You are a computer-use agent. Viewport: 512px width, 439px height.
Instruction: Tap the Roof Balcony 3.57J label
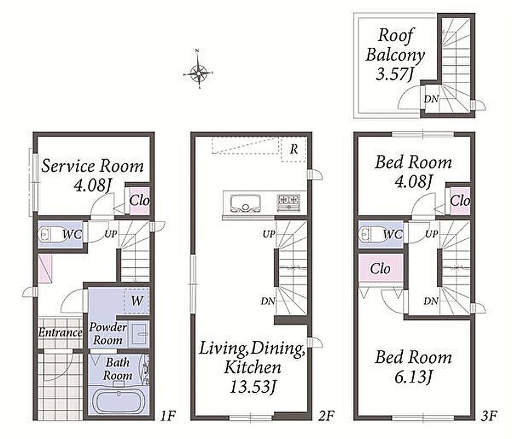coord(395,54)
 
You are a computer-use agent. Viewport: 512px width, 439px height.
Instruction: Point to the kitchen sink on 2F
coord(246,203)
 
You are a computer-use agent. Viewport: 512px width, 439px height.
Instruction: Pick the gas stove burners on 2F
coord(289,202)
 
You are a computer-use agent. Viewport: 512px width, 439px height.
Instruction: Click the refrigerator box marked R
coord(294,149)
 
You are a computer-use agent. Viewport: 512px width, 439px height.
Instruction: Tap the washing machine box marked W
coord(137,301)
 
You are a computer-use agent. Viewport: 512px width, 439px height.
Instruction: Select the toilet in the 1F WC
coord(49,234)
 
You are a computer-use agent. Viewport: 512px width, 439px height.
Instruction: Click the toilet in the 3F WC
coord(370,234)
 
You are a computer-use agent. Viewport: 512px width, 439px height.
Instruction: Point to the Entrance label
coord(60,333)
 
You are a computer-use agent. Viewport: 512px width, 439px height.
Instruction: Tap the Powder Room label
coord(108,334)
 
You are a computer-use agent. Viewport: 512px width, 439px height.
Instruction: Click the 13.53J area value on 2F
coord(253,388)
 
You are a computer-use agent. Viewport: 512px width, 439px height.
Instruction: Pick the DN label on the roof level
coord(431,99)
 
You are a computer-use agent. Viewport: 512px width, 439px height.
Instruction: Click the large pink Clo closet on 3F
coord(381,268)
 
